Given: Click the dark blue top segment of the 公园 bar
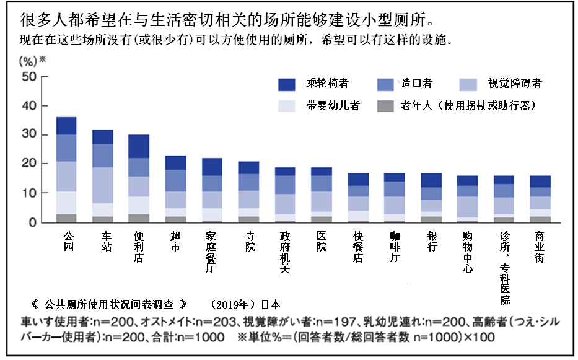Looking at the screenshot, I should pos(66,126).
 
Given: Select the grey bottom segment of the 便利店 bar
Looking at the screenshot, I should pos(139,218).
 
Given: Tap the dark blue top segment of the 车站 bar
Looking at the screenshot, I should pos(103,136).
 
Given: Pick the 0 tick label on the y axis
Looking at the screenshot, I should pos(35,222).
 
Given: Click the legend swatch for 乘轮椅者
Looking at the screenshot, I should pos(287,84).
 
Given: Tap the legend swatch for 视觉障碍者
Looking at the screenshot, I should pos(468,84).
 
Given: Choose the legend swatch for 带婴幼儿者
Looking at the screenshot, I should pos(287,105).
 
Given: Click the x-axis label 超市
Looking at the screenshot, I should pos(176,242).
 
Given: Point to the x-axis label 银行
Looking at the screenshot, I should pos(432,242).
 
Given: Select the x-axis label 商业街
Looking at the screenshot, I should pos(540,248).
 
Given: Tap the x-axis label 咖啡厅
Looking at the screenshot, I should pos(396,248).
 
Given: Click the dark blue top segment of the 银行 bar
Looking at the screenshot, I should pos(432,180).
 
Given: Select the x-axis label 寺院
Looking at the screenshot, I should pos(249,242).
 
